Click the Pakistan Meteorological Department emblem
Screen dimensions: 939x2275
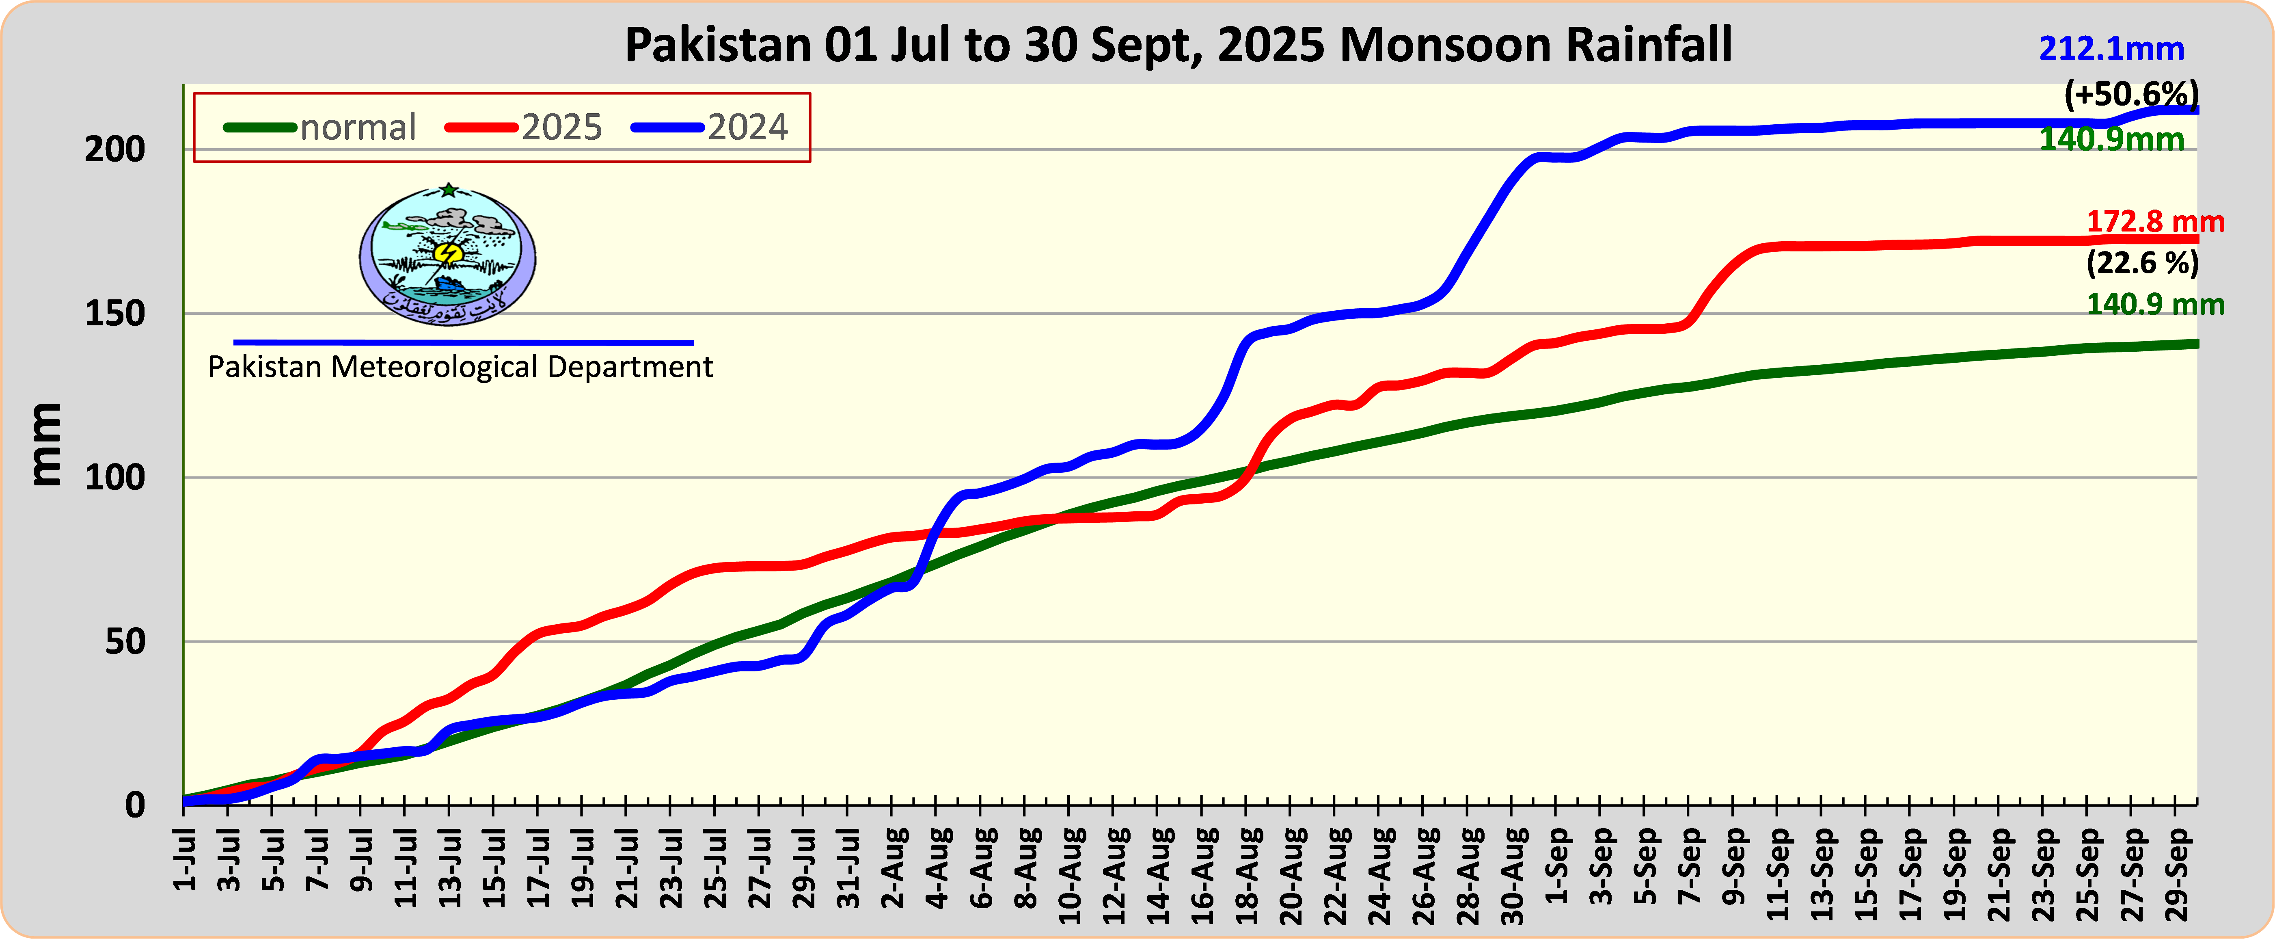[448, 254]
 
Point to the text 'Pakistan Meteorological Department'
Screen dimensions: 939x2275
[460, 367]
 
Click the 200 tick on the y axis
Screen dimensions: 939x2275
[115, 149]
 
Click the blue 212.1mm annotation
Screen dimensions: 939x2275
[2111, 49]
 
